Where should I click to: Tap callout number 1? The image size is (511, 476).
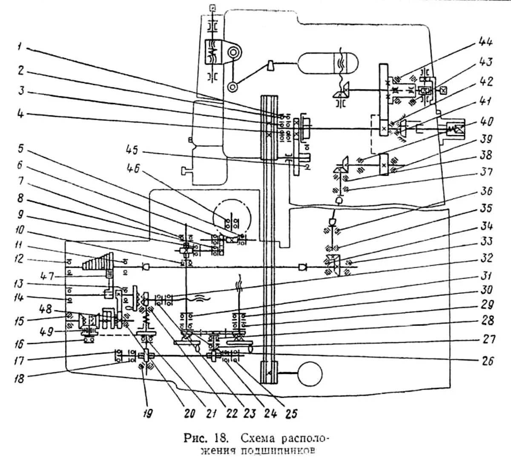pyautogui.click(x=19, y=47)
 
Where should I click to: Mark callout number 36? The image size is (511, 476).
pyautogui.click(x=486, y=191)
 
